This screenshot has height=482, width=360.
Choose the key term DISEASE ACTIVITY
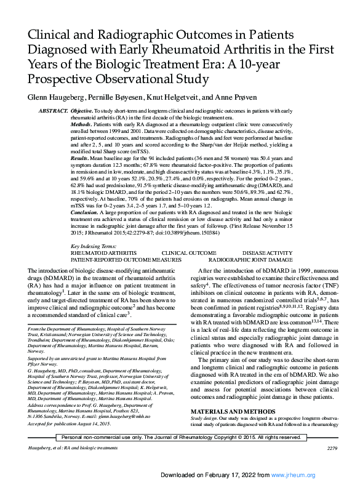click(267, 252)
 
